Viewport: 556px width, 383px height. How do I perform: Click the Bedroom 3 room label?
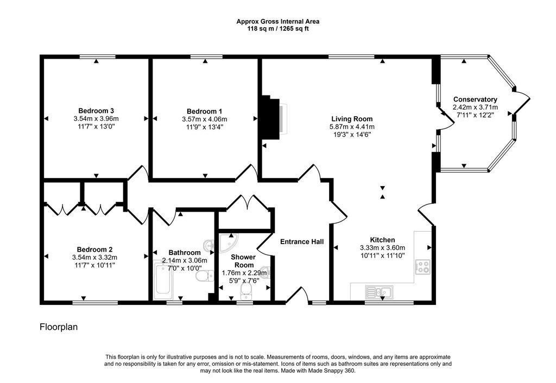[x=96, y=111]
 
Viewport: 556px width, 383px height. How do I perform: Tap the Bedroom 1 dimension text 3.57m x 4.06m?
[x=205, y=119]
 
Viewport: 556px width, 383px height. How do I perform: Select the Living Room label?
[x=352, y=119]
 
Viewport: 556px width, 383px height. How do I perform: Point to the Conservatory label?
[x=475, y=100]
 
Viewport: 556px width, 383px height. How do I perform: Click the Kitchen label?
[x=383, y=240]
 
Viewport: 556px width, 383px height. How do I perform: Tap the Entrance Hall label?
[x=302, y=242]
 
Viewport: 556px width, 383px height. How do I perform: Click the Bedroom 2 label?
[x=94, y=250]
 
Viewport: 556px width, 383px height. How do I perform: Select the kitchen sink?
[x=378, y=292]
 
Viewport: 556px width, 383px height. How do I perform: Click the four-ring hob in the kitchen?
[x=423, y=267]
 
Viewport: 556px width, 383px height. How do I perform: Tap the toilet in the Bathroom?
[x=205, y=276]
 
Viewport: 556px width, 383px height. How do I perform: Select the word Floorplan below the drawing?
[x=59, y=327]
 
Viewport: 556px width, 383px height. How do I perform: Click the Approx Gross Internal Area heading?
[x=278, y=22]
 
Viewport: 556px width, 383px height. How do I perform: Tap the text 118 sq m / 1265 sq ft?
[x=278, y=29]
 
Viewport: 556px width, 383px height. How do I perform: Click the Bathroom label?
[x=185, y=253]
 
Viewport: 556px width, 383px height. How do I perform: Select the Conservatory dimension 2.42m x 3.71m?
[x=475, y=107]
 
